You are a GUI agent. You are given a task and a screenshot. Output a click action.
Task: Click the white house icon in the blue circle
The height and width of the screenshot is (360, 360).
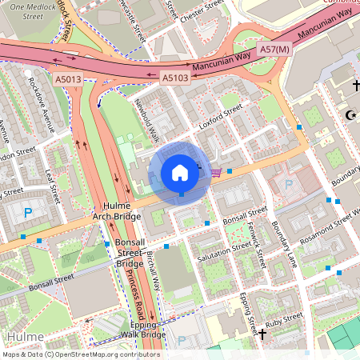click(180, 172)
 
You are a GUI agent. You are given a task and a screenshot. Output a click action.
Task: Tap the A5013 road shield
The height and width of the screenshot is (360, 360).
click(68, 78)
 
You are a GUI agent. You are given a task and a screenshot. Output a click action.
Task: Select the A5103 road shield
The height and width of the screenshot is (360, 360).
click(175, 78)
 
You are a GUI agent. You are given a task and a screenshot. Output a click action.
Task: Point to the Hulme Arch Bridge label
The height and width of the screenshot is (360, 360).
click(116, 211)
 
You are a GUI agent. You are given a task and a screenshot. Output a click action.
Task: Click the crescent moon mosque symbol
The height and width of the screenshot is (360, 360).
click(349, 116)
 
